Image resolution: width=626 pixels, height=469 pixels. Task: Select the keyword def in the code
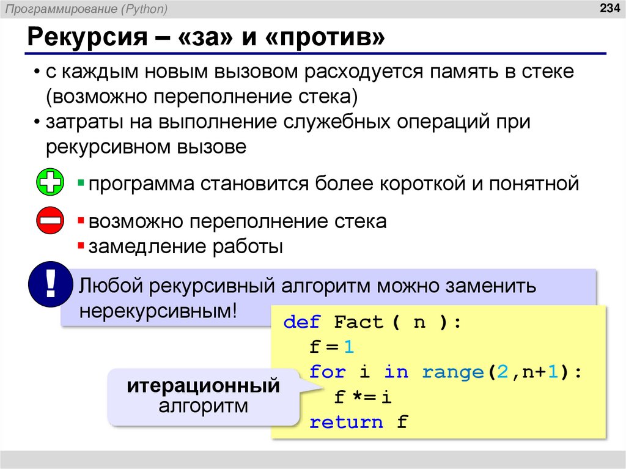302,322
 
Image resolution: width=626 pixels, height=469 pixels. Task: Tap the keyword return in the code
347,422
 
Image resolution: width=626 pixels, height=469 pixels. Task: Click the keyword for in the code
328,372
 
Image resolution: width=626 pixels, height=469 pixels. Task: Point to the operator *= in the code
364,397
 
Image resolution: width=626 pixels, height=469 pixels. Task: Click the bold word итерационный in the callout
204,386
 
